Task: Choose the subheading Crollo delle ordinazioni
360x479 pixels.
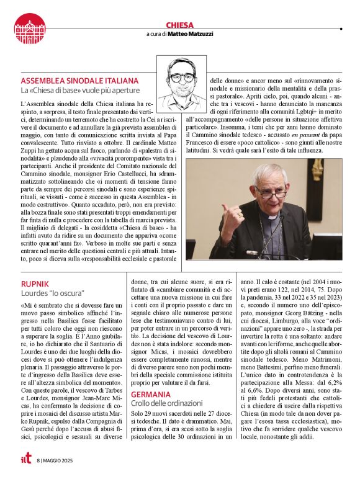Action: point(168,404)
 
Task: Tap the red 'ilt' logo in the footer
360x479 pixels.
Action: point(24,460)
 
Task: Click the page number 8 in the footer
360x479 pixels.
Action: point(38,461)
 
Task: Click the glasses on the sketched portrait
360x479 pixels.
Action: point(182,78)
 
